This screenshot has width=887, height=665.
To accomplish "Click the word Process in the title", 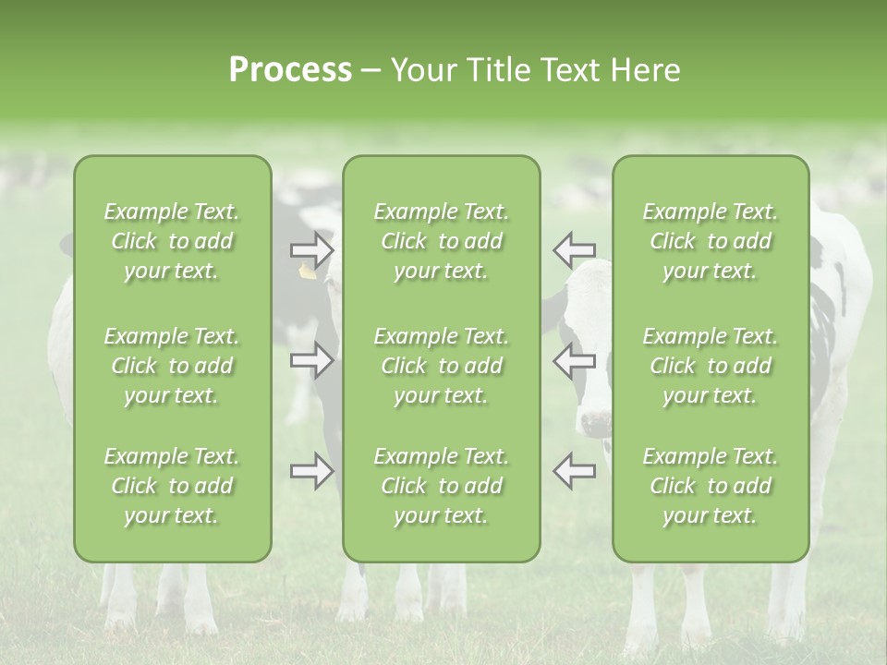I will point(290,70).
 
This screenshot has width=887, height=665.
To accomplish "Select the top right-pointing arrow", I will point(312,249).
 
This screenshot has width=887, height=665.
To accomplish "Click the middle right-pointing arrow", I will point(312,360).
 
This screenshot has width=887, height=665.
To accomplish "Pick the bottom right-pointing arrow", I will point(312,471).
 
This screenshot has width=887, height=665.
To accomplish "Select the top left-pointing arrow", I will point(574,249).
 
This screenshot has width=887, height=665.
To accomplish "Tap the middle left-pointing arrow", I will point(574,360).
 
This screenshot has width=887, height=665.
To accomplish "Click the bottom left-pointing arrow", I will point(574,471).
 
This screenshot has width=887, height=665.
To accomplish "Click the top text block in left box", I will point(172,241).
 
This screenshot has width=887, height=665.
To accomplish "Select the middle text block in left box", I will point(172,366).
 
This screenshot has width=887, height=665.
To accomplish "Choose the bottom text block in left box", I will point(172,486).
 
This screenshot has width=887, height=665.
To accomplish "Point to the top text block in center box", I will point(441,241).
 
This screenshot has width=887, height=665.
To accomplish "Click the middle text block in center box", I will point(441,366).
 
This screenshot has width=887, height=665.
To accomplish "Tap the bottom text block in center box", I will point(441,486).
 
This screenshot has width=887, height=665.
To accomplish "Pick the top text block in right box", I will point(710,241).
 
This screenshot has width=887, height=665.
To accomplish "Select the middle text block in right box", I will point(710,366).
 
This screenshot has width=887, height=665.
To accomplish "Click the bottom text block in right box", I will point(710,486).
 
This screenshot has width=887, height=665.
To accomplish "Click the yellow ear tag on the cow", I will point(307,271).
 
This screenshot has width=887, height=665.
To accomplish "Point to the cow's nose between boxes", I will point(595,423).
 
